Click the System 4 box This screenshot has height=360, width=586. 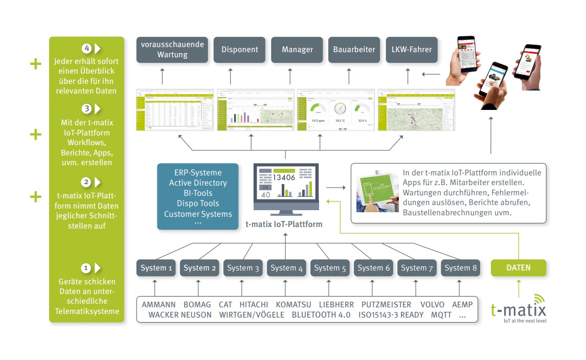click(287, 268)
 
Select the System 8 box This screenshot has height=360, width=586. click(460, 268)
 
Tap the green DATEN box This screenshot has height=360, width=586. click(518, 268)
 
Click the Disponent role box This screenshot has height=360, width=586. click(239, 50)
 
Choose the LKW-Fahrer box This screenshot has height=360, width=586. click(412, 50)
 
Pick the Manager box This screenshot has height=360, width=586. click(297, 50)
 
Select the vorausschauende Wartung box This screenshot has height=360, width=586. click(172, 50)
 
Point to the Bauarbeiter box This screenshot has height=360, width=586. click(354, 50)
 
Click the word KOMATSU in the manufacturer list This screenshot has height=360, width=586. click(294, 305)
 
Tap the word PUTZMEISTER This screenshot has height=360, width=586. click(386, 305)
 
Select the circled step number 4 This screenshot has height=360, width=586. click(86, 49)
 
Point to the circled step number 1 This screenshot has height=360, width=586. click(86, 268)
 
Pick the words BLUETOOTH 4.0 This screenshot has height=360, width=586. click(321, 315)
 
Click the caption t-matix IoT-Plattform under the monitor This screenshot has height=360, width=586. click(284, 223)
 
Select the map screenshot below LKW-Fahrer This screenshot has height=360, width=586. click(415, 109)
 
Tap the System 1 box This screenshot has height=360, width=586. click(156, 268)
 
